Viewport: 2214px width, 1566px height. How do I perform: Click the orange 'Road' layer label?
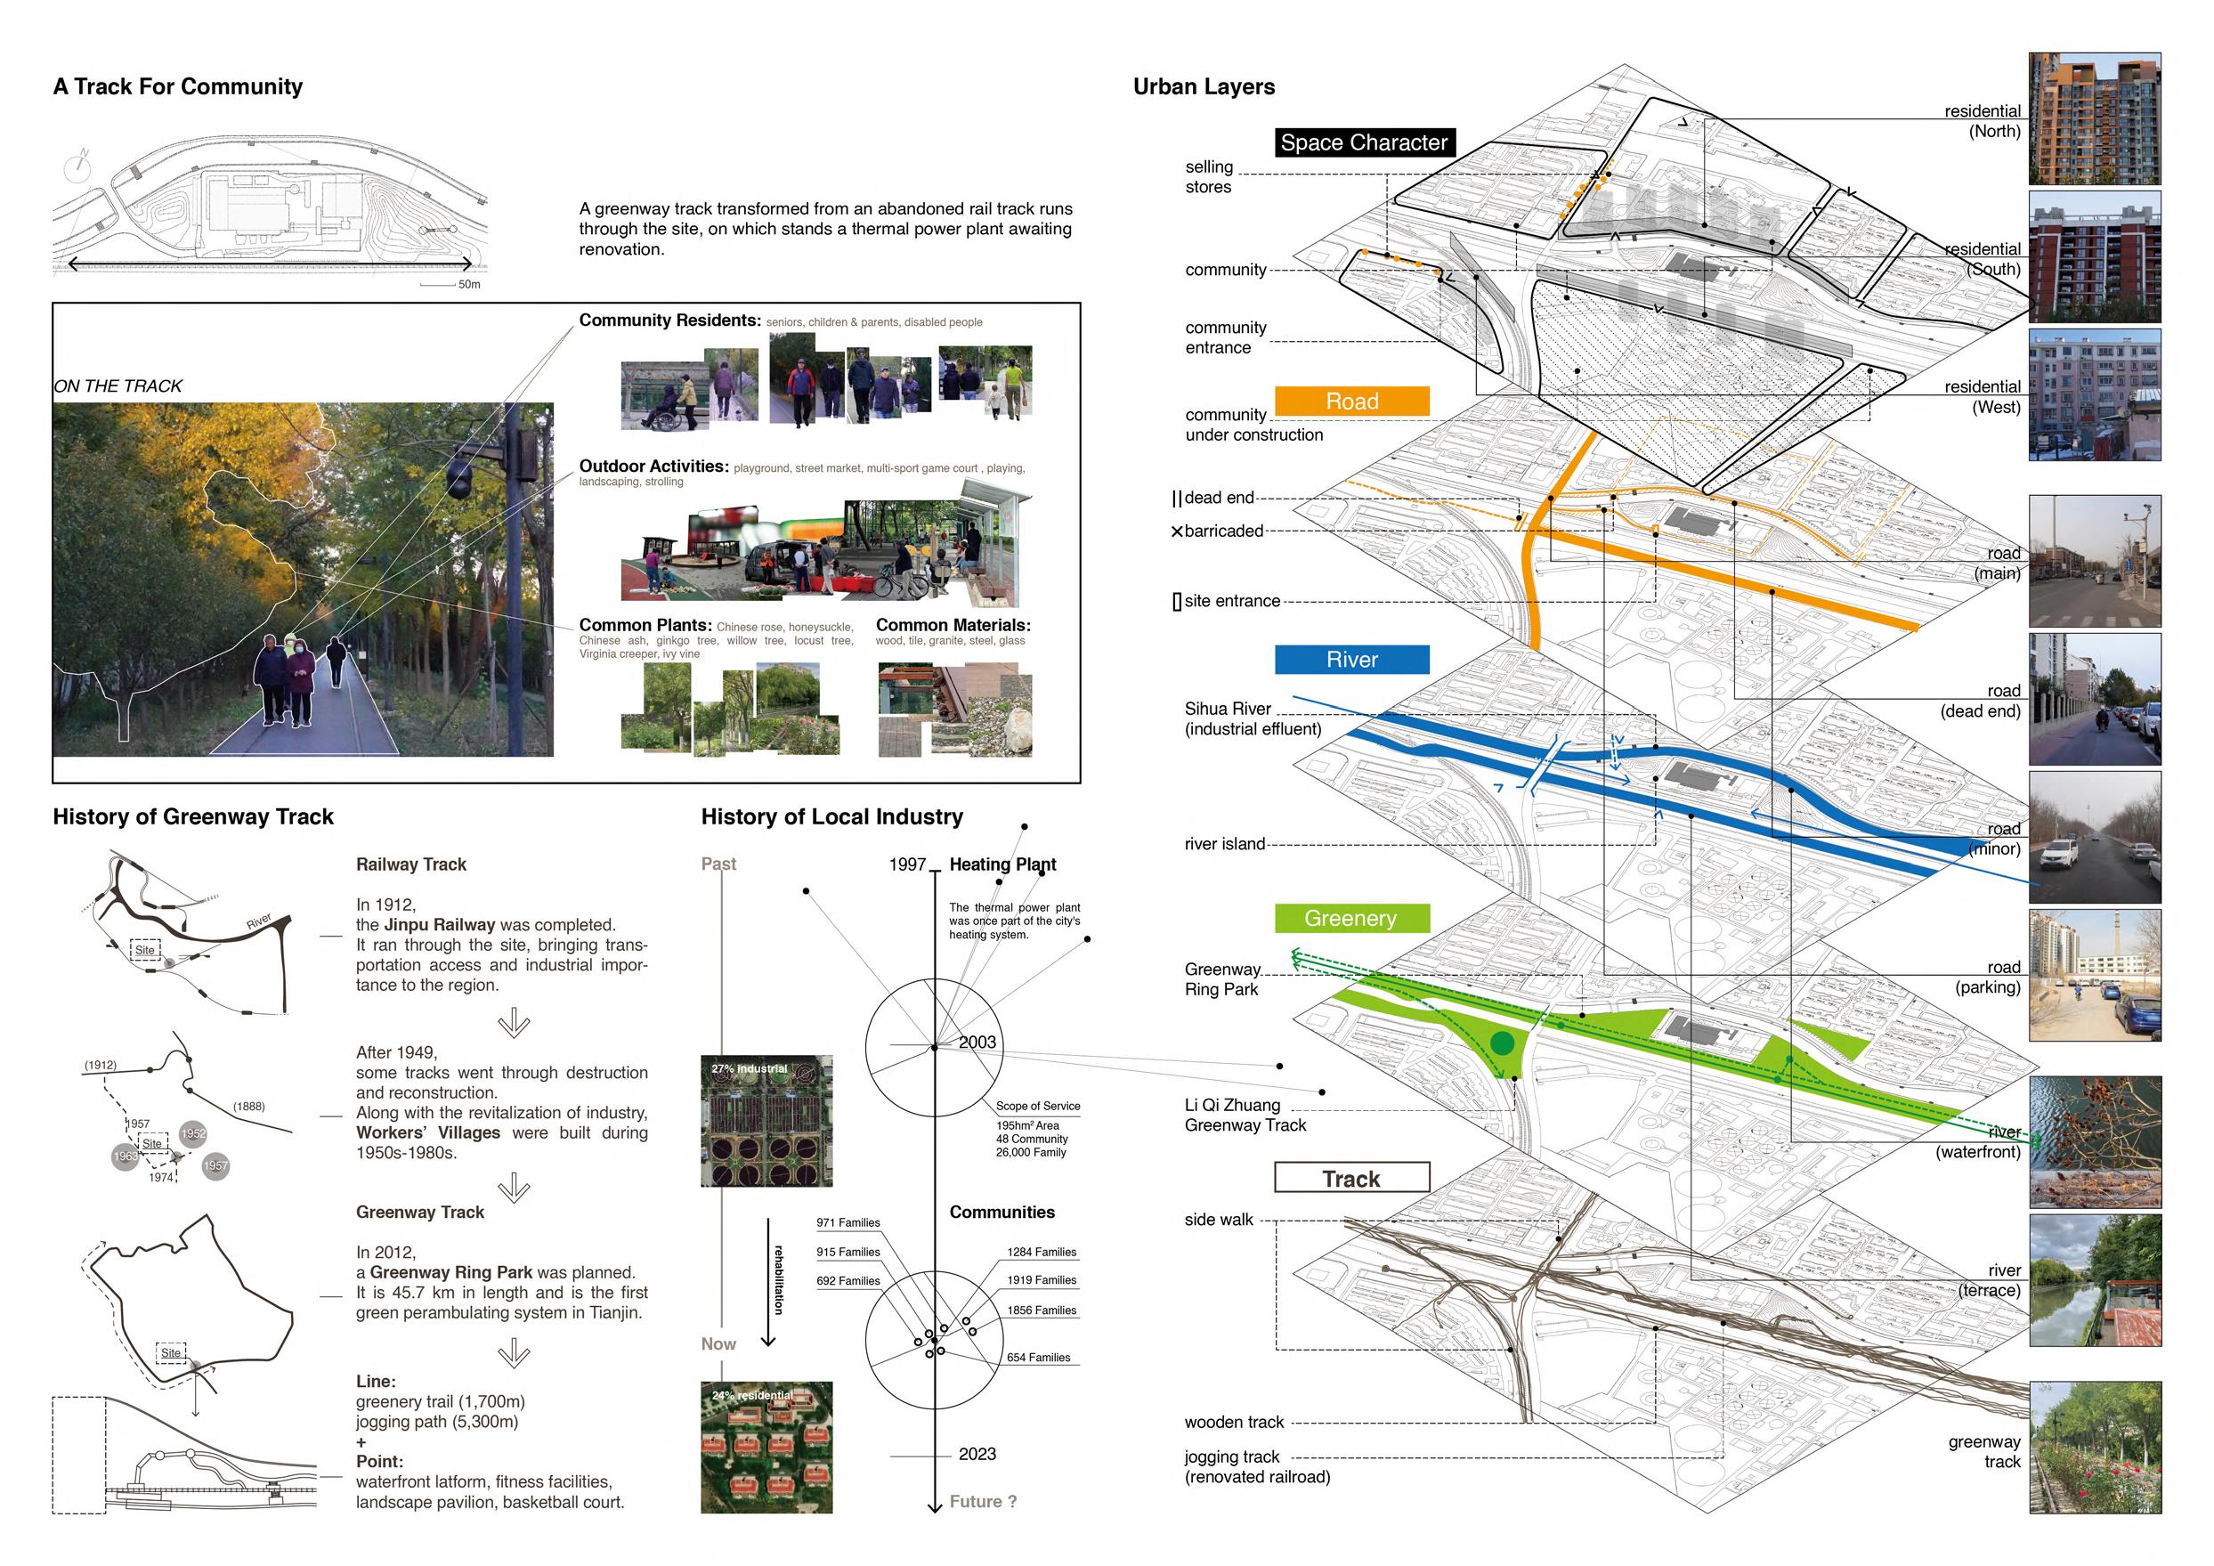tap(1351, 402)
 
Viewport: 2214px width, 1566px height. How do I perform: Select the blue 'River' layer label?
tap(1351, 660)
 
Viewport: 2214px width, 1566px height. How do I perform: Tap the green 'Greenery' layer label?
tap(1351, 918)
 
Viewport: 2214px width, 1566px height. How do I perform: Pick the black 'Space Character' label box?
tap(1364, 142)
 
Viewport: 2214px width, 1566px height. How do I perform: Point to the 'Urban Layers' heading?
tap(1204, 86)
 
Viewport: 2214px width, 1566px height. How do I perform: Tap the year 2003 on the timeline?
tap(977, 1042)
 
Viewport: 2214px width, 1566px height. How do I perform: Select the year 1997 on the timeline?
tap(906, 864)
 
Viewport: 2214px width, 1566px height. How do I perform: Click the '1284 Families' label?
tap(1042, 1252)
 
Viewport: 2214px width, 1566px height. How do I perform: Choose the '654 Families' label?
tap(1039, 1357)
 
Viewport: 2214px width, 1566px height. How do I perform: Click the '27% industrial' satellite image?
tap(766, 1121)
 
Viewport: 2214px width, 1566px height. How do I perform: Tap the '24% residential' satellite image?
tap(766, 1447)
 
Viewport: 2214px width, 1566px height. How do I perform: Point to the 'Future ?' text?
tap(983, 1501)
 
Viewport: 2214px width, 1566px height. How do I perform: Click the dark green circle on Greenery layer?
tap(1502, 1043)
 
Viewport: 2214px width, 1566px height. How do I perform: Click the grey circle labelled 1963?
tap(126, 1156)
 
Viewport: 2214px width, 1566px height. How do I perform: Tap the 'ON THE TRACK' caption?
tap(118, 385)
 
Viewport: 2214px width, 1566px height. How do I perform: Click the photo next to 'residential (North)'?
tap(2095, 118)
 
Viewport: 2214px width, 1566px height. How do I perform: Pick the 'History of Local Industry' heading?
tap(831, 816)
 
